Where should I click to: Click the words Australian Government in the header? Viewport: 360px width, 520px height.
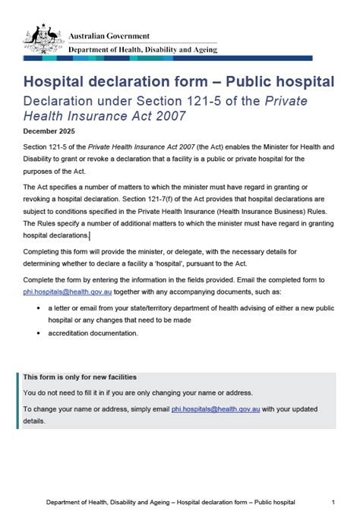coord(109,36)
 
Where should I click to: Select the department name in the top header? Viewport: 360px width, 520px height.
coord(143,49)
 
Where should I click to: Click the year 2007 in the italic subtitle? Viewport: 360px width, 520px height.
coord(166,115)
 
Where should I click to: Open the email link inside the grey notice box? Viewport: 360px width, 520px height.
coord(216,408)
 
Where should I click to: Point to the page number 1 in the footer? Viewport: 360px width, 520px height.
coord(333,502)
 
